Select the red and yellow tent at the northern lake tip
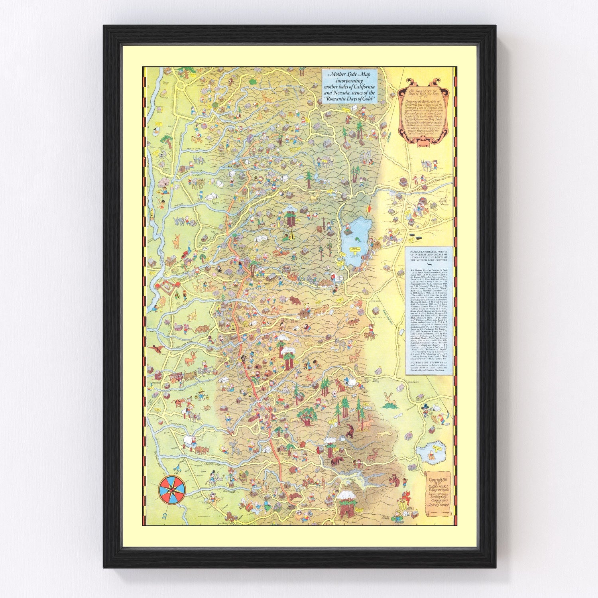click(369, 209)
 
